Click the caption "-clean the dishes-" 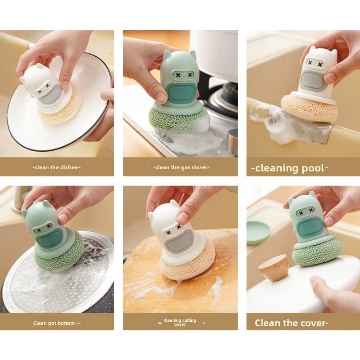[x=57, y=167]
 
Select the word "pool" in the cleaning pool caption [x=312, y=168]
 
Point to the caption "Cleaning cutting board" [x=180, y=322]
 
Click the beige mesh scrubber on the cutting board [x=188, y=264]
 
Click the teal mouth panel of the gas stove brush [x=181, y=94]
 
